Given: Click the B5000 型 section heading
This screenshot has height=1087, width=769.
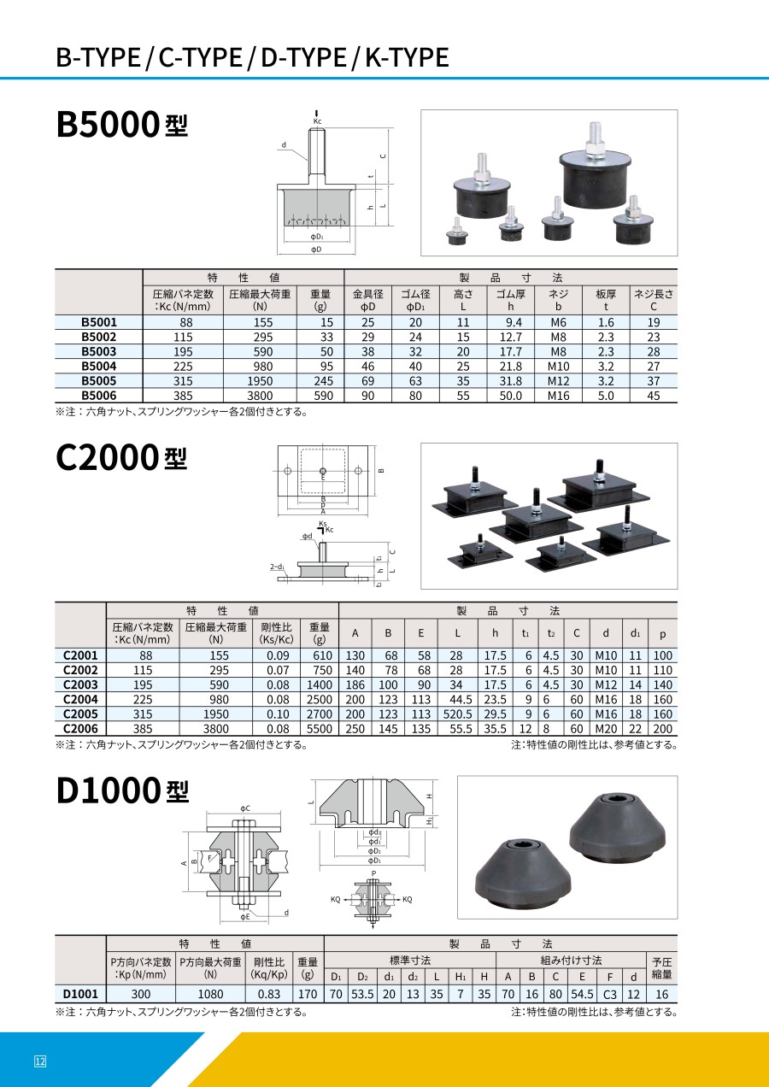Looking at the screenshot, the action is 122,124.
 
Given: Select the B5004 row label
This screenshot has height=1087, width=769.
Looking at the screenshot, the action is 99,367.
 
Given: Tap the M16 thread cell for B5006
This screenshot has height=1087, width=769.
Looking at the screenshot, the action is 558,396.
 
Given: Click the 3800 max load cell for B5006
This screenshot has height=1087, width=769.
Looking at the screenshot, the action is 260,396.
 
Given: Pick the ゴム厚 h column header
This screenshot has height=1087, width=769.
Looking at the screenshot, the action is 510,300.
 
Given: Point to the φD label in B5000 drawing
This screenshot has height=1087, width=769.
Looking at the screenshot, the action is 316,249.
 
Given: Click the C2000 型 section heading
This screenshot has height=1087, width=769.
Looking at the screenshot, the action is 121,457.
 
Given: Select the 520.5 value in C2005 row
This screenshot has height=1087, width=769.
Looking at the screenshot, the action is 457,714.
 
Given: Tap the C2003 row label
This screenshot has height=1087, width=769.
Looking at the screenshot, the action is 80,685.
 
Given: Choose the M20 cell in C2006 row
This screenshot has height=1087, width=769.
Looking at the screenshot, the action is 606,729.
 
